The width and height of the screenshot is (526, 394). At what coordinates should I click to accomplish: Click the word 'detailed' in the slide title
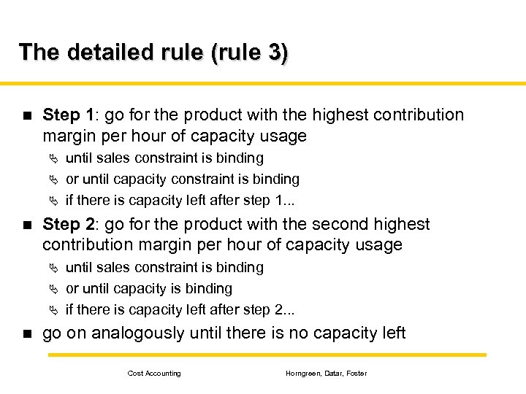pyautogui.click(x=102, y=53)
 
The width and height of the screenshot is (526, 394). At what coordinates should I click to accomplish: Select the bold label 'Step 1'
pyautogui.click(x=68, y=115)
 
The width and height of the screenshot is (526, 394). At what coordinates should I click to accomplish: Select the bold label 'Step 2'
pyautogui.click(x=68, y=225)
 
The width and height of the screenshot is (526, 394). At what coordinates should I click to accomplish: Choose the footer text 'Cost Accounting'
pyautogui.click(x=154, y=374)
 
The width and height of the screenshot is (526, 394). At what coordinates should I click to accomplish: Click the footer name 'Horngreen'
pyautogui.click(x=301, y=374)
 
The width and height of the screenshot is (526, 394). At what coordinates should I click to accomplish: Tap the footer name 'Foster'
pyautogui.click(x=356, y=374)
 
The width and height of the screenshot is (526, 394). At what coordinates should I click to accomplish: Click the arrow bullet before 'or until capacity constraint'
pyautogui.click(x=53, y=179)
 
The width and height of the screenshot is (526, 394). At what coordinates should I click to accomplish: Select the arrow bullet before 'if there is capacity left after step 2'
pyautogui.click(x=53, y=310)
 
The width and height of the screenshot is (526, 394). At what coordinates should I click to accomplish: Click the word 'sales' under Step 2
pyautogui.click(x=113, y=268)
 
